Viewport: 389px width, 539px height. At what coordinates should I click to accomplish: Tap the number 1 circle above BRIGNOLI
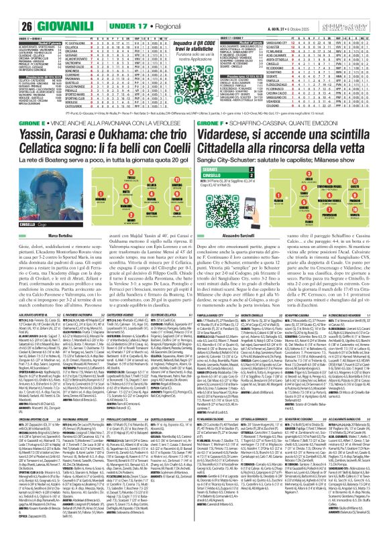[x=32, y=188]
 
